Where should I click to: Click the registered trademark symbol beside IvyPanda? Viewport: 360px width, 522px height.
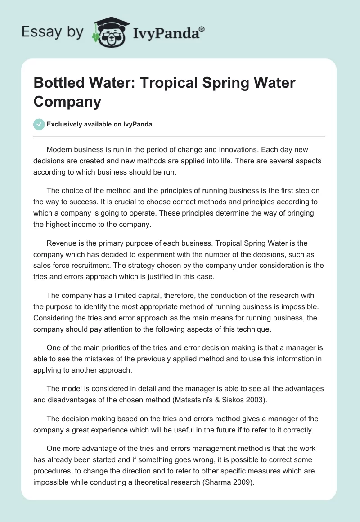click(202, 29)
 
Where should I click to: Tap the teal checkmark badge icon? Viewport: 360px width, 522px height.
click(39, 124)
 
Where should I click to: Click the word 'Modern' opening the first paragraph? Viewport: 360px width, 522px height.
click(59, 149)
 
